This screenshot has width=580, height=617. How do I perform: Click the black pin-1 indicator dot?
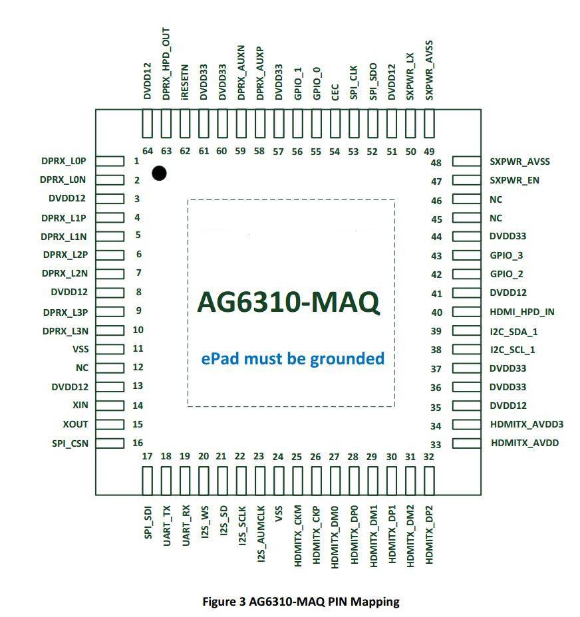pyautogui.click(x=159, y=173)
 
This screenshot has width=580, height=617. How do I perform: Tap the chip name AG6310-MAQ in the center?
pyautogui.click(x=289, y=303)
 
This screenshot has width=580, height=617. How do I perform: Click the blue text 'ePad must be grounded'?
pyautogui.click(x=293, y=359)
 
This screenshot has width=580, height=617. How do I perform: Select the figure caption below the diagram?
pyautogui.click(x=301, y=601)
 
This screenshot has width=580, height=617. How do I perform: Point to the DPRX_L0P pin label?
pyautogui.click(x=63, y=161)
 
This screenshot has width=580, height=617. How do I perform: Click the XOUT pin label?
pyautogui.click(x=75, y=424)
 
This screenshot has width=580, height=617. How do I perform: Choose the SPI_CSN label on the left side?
pyautogui.click(x=70, y=443)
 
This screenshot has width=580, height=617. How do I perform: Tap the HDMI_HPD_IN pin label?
pyautogui.click(x=521, y=312)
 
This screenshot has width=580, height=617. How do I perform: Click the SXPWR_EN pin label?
pyautogui.click(x=514, y=180)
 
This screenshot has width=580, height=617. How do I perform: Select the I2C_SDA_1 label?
pyautogui.click(x=513, y=332)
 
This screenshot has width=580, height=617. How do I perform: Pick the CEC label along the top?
pyautogui.click(x=335, y=92)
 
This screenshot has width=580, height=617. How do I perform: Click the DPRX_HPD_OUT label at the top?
pyautogui.click(x=166, y=64)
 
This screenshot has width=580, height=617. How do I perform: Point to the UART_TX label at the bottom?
pyautogui.click(x=166, y=526)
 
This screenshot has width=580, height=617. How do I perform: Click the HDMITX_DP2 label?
pyautogui.click(x=429, y=535)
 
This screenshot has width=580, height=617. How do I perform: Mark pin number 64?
pyautogui.click(x=148, y=151)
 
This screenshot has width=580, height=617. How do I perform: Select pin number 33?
pyautogui.click(x=436, y=445)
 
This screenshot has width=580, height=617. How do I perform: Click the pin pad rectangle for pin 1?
pyautogui.click(x=110, y=161)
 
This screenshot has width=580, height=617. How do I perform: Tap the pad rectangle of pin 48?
pyautogui.click(x=467, y=162)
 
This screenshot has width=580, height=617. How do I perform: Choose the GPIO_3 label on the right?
pyautogui.click(x=506, y=255)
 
